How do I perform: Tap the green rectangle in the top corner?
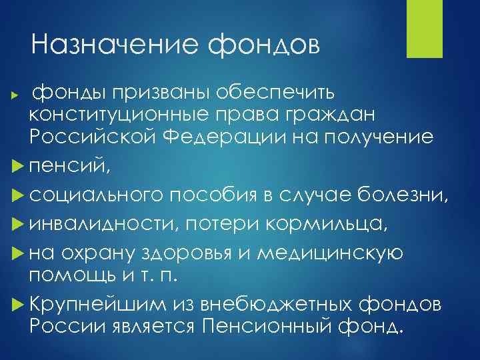pyautogui.click(x=421, y=29)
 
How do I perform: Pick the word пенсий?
pyautogui.click(x=63, y=160)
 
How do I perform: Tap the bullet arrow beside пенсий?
pyautogui.click(x=17, y=160)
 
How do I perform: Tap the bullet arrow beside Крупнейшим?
pyautogui.click(x=17, y=306)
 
